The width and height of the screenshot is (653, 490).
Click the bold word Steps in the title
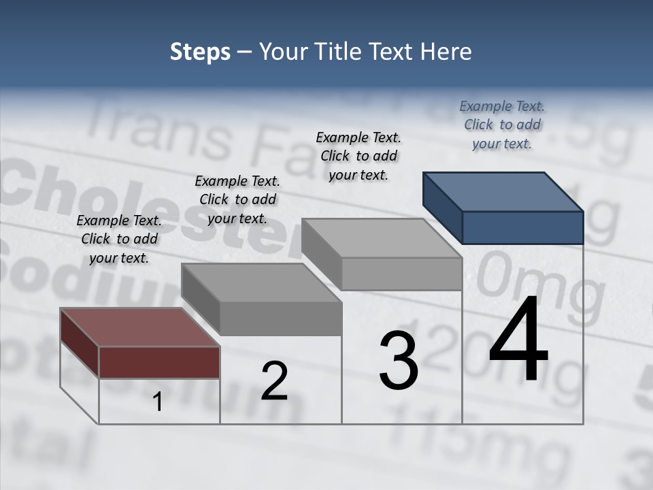[x=200, y=52]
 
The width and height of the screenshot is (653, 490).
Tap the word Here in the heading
[x=445, y=52]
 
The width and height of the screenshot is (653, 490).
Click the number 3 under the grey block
[x=399, y=361]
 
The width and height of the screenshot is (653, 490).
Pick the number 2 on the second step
[x=274, y=381]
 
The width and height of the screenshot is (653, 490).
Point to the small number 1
[x=158, y=402]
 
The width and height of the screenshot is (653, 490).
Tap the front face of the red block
[x=159, y=361]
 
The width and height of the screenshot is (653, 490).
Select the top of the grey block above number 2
[x=262, y=282]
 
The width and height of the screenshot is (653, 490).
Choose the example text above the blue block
[x=502, y=125]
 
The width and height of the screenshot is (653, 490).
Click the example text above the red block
[x=119, y=239]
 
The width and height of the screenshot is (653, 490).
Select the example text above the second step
[x=237, y=199]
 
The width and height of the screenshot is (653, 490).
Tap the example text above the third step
[x=358, y=156]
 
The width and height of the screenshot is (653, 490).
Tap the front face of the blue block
[x=522, y=227]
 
